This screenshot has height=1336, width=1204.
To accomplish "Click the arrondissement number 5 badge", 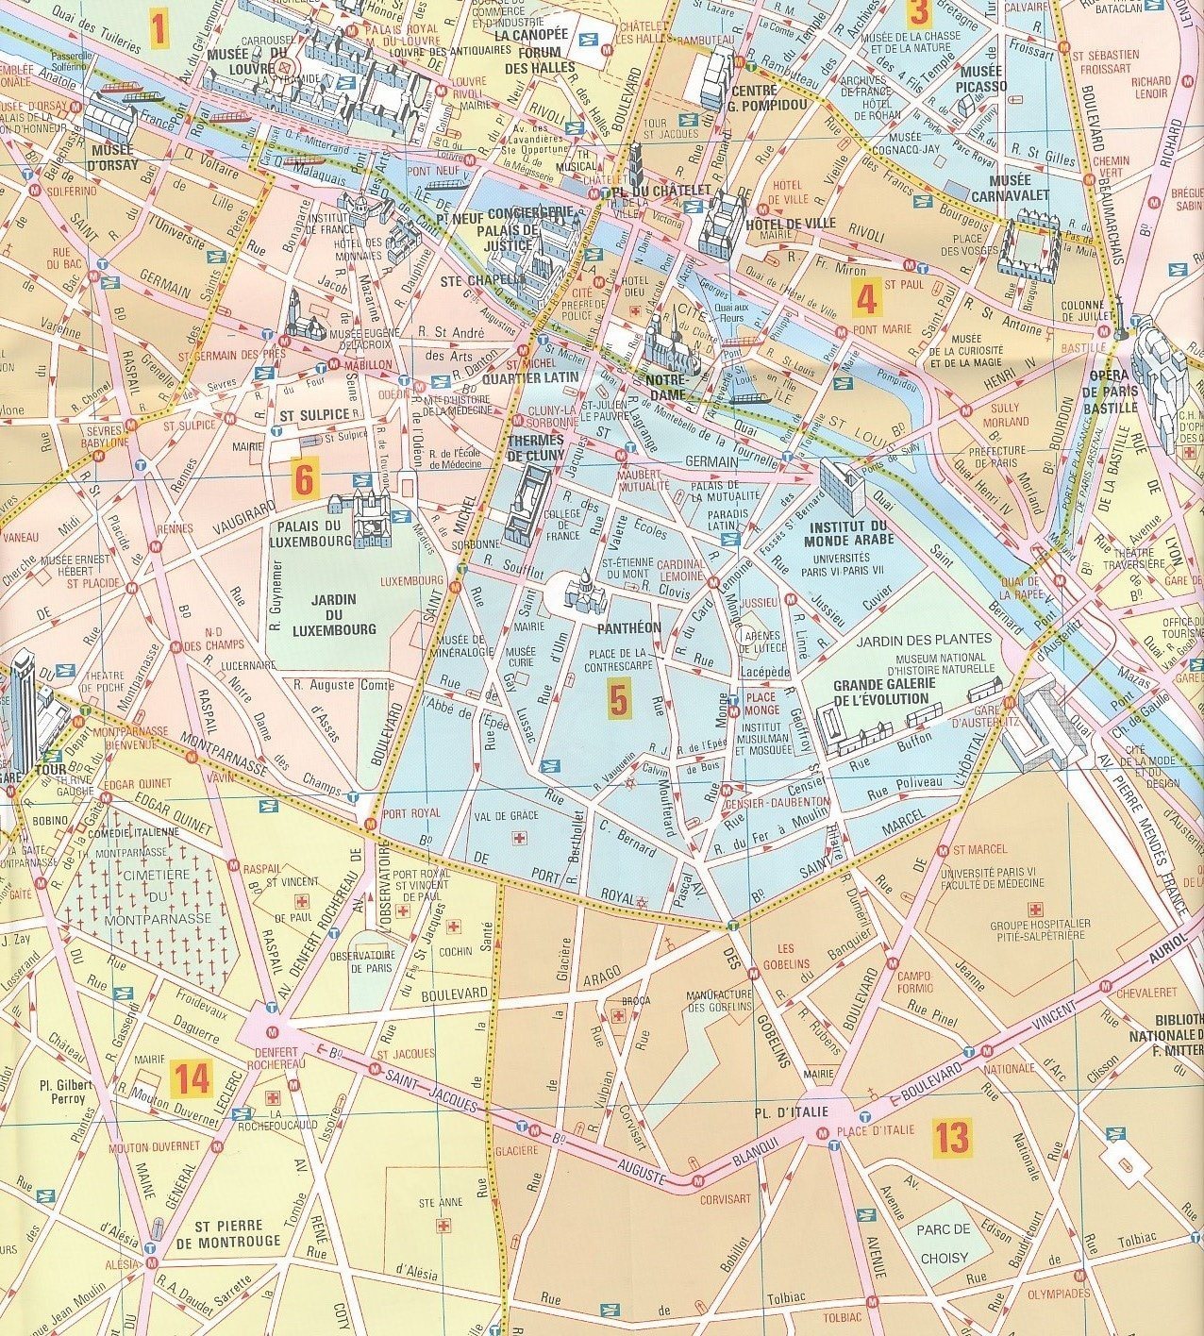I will (x=618, y=700).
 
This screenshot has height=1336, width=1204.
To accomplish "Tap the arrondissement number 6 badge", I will (x=303, y=480).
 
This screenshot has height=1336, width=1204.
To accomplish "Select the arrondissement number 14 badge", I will (x=192, y=1077).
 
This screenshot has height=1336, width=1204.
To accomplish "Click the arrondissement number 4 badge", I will (x=866, y=298).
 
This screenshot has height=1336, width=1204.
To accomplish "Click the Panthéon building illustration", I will (x=585, y=592).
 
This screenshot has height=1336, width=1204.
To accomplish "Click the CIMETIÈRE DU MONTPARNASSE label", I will (x=139, y=896).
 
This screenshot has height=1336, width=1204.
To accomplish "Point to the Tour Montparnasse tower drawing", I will (x=25, y=708).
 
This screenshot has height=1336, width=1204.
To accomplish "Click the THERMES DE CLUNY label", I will (x=535, y=447).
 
